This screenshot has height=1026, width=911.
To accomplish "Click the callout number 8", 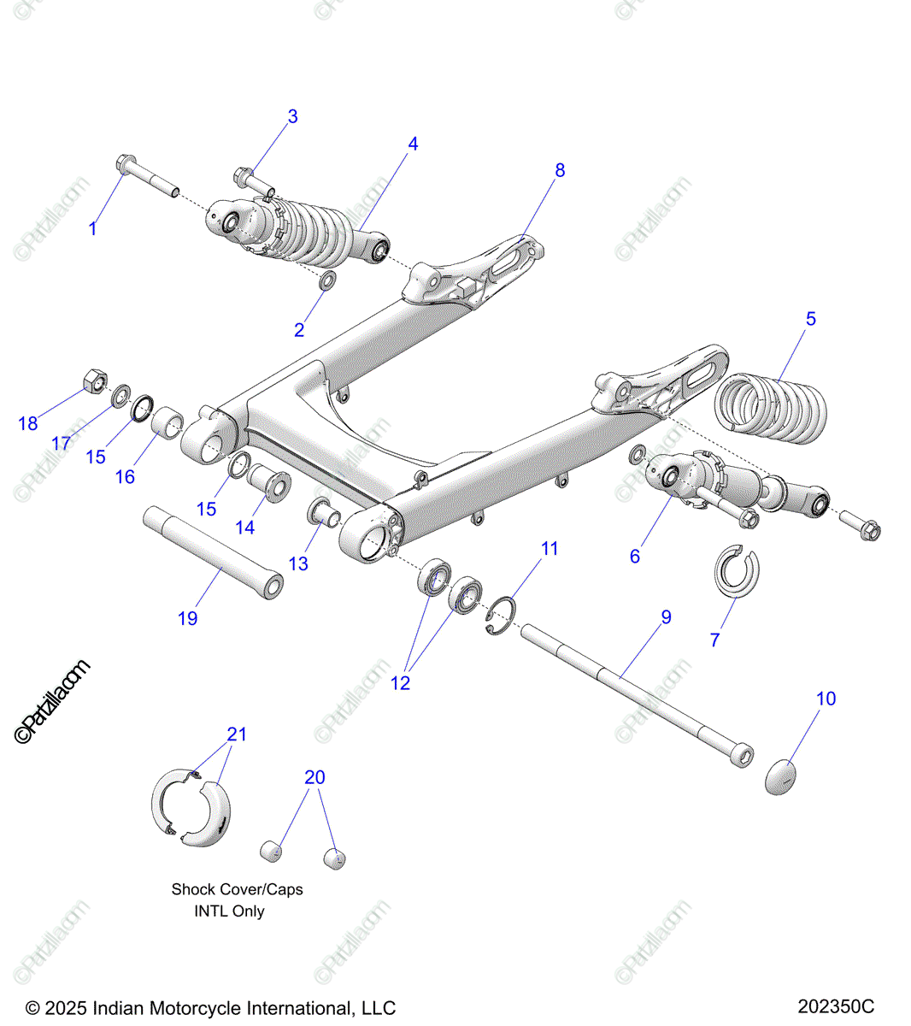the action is click(559, 170).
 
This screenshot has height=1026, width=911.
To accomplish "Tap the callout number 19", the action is click(187, 618).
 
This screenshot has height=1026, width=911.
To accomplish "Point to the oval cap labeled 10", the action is click(780, 776).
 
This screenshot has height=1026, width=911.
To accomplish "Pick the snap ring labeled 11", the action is click(501, 616).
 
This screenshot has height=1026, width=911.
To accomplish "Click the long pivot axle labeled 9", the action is click(637, 696).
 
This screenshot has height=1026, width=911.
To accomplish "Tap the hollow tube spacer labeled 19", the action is click(213, 553).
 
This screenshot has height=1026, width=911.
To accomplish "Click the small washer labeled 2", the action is click(328, 280).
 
